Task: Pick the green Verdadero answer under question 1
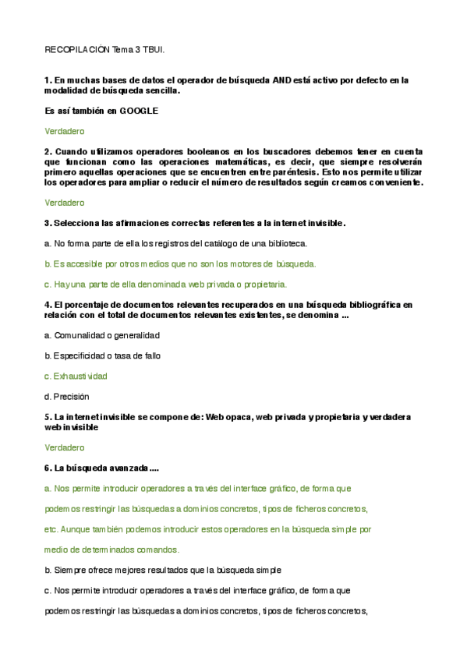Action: coord(64,131)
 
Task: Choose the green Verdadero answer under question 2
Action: coord(64,203)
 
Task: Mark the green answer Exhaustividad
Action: coord(80,376)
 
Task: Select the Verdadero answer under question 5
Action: coord(64,447)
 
